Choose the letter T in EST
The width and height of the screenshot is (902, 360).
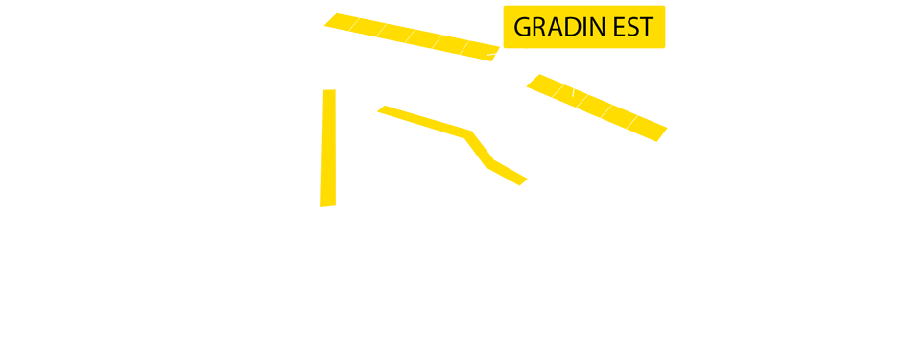click(x=647, y=27)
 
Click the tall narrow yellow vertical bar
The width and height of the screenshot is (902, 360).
click(x=328, y=148)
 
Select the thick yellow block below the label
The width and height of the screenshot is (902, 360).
click(x=510, y=145)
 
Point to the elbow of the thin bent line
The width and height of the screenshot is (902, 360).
click(x=469, y=134)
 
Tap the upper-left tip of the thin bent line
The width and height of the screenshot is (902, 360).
click(x=381, y=108)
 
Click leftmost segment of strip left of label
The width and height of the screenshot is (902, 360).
click(x=340, y=22)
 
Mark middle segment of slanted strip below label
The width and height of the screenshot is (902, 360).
click(x=594, y=106)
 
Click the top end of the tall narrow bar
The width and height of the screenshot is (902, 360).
click(x=328, y=92)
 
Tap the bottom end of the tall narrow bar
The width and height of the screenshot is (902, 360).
click(x=328, y=204)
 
